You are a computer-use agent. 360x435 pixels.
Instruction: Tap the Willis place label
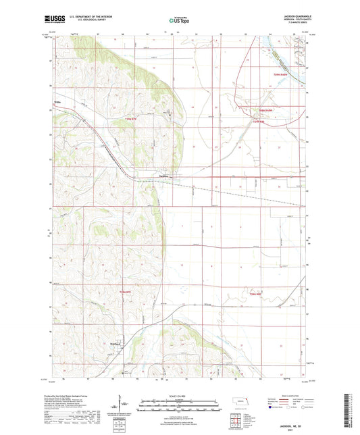coord(57,103)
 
